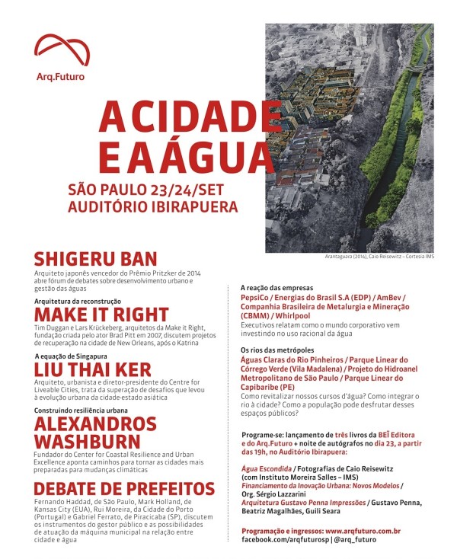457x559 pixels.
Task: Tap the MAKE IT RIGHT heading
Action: pos(101,315)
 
